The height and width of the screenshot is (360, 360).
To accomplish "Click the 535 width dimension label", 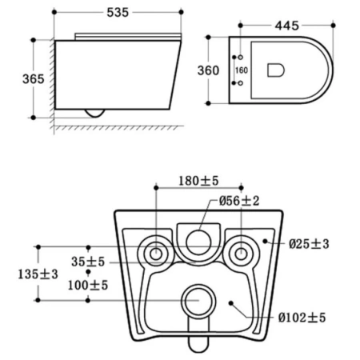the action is [118, 12].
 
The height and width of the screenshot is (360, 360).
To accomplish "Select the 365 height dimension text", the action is [34, 79].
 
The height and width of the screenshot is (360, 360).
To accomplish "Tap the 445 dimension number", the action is [287, 26].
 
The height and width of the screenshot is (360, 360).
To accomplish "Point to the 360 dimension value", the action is [208, 70].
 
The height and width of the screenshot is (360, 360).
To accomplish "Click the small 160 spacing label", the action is [242, 70].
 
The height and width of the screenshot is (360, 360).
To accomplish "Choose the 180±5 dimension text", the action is [198, 181].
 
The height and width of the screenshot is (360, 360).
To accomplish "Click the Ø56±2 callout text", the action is [239, 201].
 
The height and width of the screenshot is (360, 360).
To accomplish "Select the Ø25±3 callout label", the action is [309, 244].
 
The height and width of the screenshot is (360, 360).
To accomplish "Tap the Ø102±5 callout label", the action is [302, 318].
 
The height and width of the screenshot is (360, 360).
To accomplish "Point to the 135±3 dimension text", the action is [38, 274].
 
